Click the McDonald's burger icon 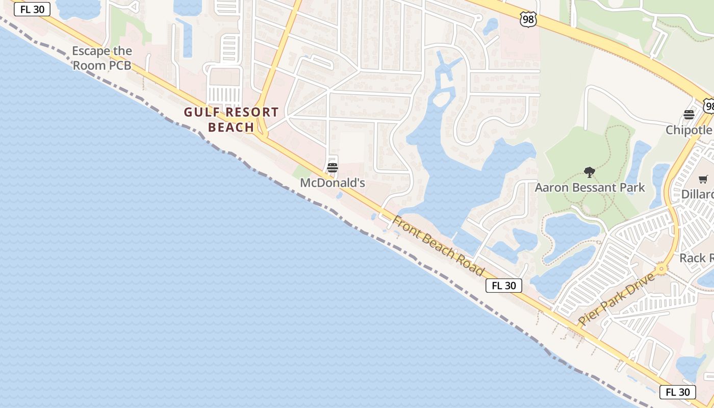pos(333,167)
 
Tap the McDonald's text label pos(333,183)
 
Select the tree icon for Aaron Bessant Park pos(590,172)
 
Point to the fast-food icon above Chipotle pos(689,115)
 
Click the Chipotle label pos(689,130)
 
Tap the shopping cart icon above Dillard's pos(703,179)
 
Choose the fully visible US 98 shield pos(528,19)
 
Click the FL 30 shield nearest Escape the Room pos(32,9)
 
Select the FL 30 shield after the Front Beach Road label pos(504,286)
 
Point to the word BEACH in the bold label pos(231,127)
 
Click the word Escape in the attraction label pos(90,51)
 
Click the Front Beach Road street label pos(438,245)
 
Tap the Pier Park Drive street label pos(616,299)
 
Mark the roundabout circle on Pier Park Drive pos(662,268)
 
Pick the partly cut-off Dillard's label pos(698,194)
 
